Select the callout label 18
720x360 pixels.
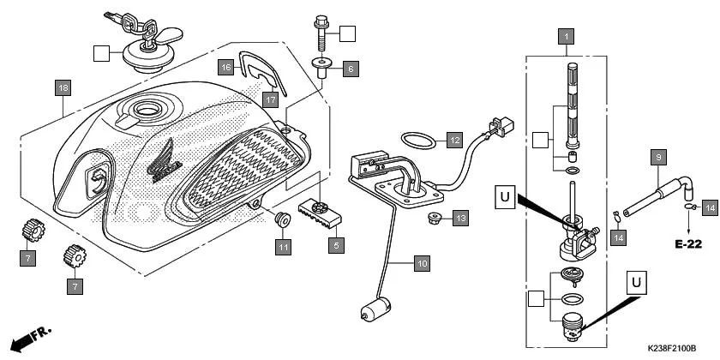coord(63,88)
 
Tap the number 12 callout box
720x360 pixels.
coord(454,140)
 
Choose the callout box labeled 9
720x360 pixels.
coord(658,157)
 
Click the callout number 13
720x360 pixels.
coord(460,219)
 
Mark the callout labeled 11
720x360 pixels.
coord(284,247)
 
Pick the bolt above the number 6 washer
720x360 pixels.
coord(323,32)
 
